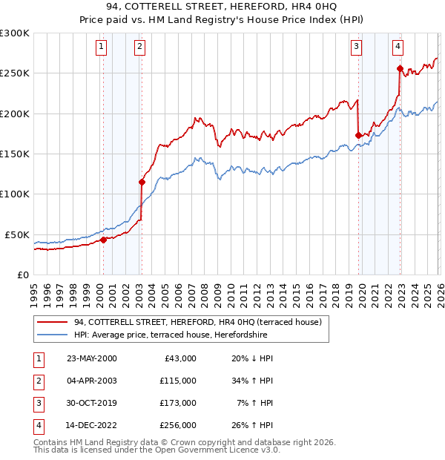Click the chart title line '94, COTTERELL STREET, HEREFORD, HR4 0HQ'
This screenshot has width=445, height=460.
tap(222, 8)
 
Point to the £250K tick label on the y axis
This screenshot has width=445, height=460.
tap(15, 73)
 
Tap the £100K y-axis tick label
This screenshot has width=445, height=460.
tap(15, 194)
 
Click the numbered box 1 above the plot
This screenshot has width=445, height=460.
tap(101, 47)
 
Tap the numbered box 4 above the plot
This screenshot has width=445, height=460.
tap(398, 47)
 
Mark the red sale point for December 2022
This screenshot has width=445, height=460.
tap(400, 69)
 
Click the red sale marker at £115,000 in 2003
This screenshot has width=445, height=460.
tap(141, 182)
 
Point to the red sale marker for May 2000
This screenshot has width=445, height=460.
tap(104, 240)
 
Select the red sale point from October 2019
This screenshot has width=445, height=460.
tap(358, 135)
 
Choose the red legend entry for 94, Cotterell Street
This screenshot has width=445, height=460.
tap(197, 323)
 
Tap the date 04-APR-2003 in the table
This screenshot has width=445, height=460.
tap(92, 381)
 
